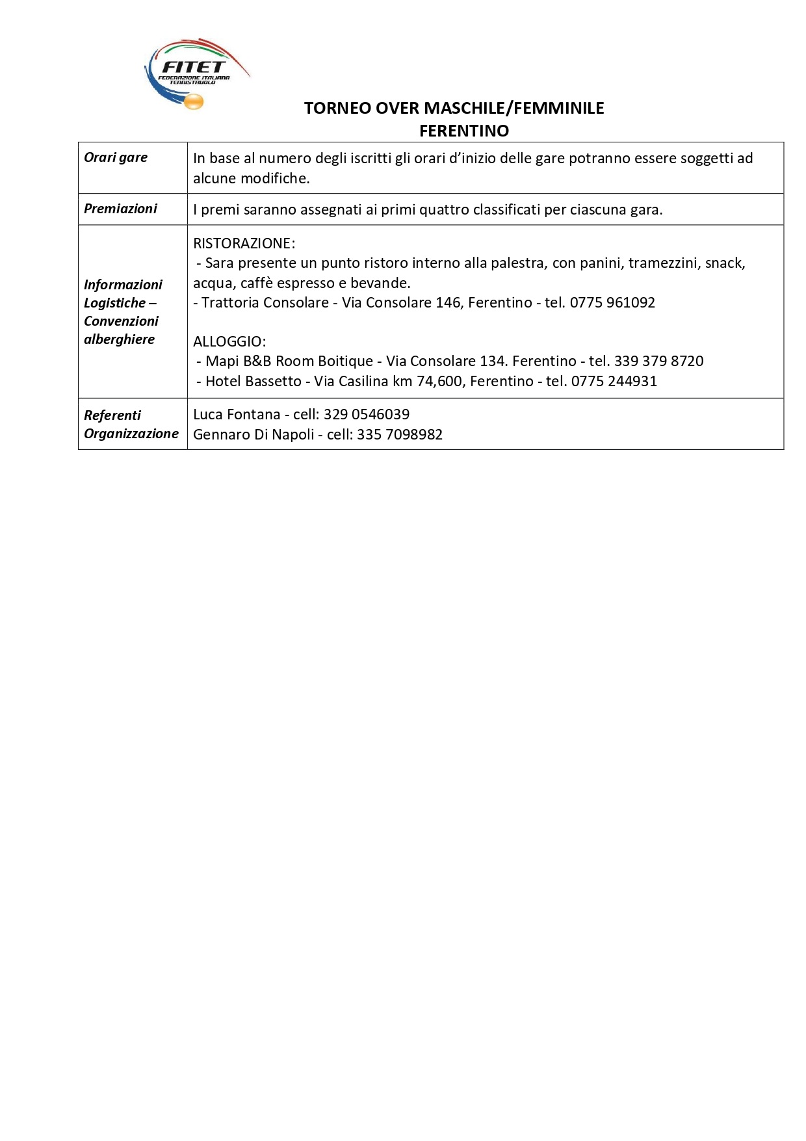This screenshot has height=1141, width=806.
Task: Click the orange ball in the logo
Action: click(194, 102)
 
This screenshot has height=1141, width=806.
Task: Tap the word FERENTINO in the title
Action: click(463, 131)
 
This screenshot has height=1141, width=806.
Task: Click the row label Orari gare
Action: click(116, 157)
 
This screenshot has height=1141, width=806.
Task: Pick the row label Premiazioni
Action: click(120, 209)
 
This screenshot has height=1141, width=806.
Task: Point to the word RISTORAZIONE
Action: click(244, 243)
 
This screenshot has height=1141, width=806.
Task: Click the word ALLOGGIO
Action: click(229, 341)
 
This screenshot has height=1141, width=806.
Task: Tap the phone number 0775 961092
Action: click(612, 302)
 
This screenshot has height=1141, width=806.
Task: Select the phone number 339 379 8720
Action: click(658, 361)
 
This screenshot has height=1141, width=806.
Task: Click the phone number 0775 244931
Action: click(614, 381)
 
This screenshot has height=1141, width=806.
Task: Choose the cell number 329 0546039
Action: click(367, 414)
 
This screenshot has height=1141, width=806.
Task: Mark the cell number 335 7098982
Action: click(400, 434)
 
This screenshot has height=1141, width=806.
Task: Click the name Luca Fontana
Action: click(237, 414)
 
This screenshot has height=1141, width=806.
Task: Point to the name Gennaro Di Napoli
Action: click(253, 434)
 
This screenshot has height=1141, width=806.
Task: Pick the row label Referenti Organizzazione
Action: click(131, 424)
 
